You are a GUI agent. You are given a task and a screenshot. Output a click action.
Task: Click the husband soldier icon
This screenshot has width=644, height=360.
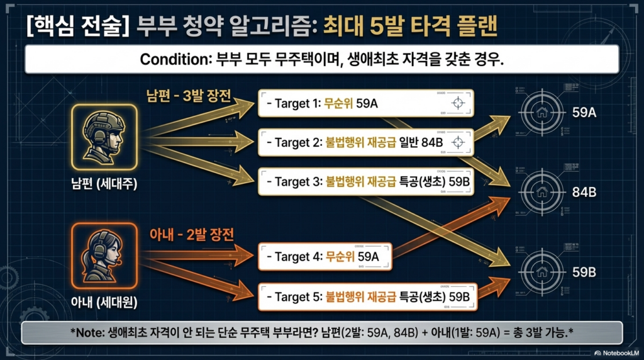pyautogui.click(x=104, y=137)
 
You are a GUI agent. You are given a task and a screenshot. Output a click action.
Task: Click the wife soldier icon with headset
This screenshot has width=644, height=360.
pyautogui.click(x=104, y=256)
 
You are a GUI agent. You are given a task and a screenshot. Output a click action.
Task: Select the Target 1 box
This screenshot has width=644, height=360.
pyautogui.click(x=366, y=103)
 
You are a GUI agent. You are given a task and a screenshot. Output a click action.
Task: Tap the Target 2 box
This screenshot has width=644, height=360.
pyautogui.click(x=366, y=142)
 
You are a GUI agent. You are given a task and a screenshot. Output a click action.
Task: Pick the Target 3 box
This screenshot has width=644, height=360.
pyautogui.click(x=366, y=181)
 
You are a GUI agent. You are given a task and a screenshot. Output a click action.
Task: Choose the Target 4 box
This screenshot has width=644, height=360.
pyautogui.click(x=325, y=256)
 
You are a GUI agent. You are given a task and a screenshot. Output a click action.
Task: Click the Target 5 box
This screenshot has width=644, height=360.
pyautogui.click(x=367, y=296)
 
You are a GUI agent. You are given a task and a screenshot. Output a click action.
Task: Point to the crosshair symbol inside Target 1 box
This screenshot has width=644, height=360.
pyautogui.click(x=458, y=103)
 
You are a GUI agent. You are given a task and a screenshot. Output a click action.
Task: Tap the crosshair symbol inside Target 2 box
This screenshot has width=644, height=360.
pyautogui.click(x=458, y=142)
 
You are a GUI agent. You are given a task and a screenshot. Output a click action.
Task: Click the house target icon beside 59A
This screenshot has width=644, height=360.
pyautogui.click(x=542, y=112)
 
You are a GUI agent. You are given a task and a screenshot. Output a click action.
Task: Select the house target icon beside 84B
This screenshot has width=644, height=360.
pyautogui.click(x=542, y=191)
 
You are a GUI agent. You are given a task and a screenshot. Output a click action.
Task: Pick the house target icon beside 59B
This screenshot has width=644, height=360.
pyautogui.click(x=542, y=271)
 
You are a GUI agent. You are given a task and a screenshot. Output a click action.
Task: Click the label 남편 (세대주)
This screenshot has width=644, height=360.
pyautogui.click(x=104, y=184)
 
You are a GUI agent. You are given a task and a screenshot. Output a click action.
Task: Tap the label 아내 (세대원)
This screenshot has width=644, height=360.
pyautogui.click(x=104, y=303)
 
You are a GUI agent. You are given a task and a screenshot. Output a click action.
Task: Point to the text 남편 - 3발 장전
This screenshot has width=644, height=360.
pyautogui.click(x=189, y=96)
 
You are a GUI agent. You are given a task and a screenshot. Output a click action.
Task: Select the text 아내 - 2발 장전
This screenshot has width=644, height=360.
pyautogui.click(x=191, y=235)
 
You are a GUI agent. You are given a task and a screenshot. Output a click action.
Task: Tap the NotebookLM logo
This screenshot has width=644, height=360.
pyautogui.click(x=616, y=353)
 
